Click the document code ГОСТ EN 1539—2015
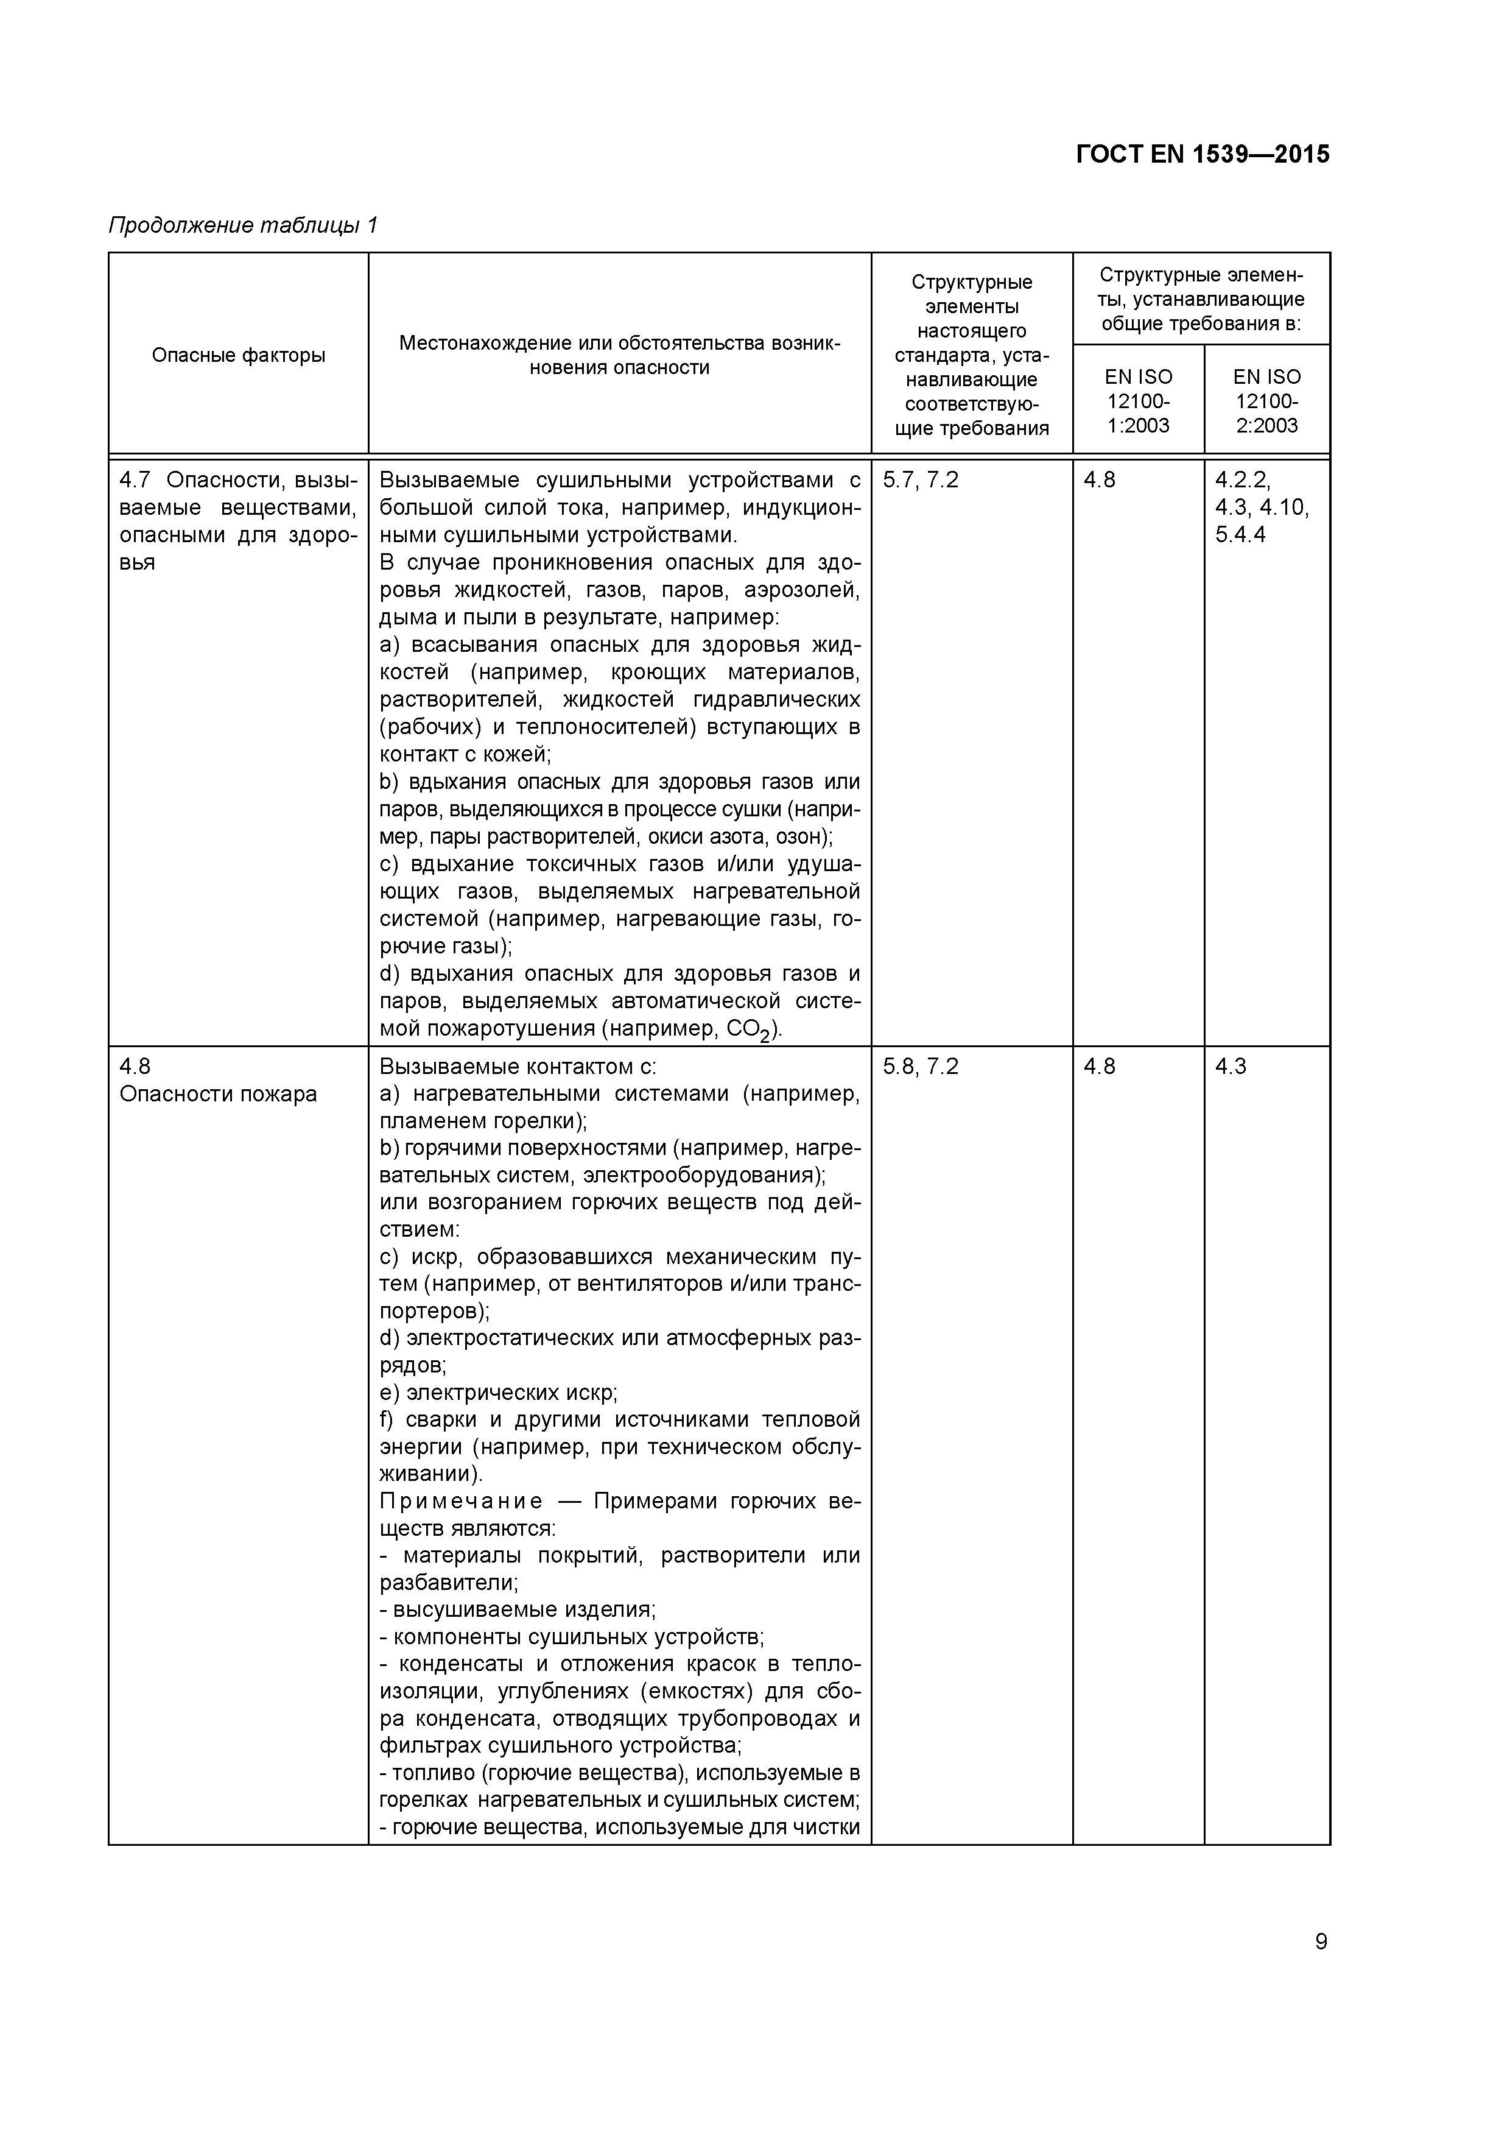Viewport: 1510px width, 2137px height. pos(1202,155)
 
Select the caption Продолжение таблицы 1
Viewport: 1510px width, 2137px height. pos(243,225)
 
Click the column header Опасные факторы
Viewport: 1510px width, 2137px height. pos(238,355)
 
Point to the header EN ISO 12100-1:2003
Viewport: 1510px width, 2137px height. pos(1138,401)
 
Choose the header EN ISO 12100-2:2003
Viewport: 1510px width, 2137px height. pos(1266,401)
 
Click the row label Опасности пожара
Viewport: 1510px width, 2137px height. pos(218,1093)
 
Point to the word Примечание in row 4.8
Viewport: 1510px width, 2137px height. pos(462,1501)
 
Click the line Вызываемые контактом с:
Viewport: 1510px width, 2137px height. pos(518,1067)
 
